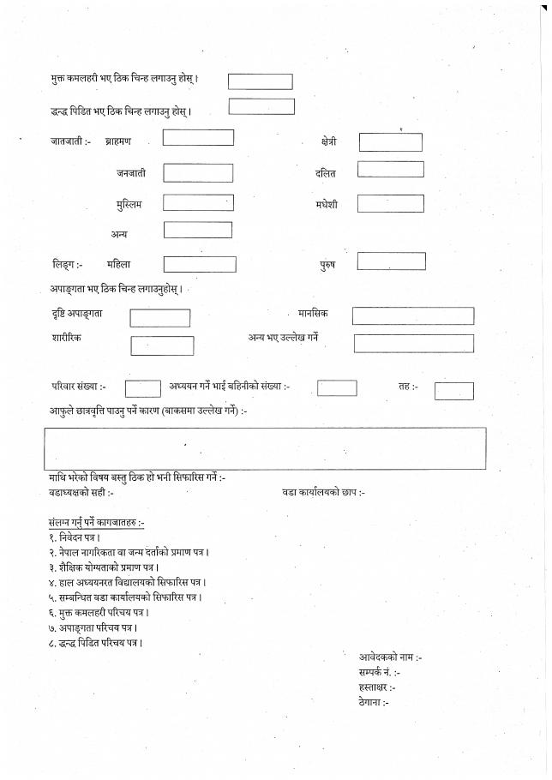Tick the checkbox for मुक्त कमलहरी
pyautogui.click(x=260, y=81)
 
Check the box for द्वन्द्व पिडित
pyautogui.click(x=261, y=107)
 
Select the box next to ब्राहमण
pyautogui.click(x=198, y=137)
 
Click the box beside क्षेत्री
pyautogui.click(x=390, y=142)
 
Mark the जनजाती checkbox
pyautogui.click(x=198, y=173)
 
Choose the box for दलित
pyautogui.click(x=390, y=170)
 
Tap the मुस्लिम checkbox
pyautogui.click(x=198, y=203)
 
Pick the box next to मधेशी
pyautogui.click(x=390, y=203)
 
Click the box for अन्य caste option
pyautogui.click(x=198, y=230)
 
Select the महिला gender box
pyautogui.click(x=200, y=264)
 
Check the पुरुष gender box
pyautogui.click(x=391, y=261)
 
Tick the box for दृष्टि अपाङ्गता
pyautogui.click(x=160, y=318)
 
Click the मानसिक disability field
pyautogui.click(x=412, y=315)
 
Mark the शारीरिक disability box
pyautogui.click(x=162, y=346)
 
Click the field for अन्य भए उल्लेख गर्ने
pyautogui.click(x=413, y=344)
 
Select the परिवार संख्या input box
pyautogui.click(x=143, y=389)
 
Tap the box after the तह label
pyautogui.click(x=453, y=392)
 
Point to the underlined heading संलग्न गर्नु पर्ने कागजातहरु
pyautogui.click(x=97, y=522)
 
